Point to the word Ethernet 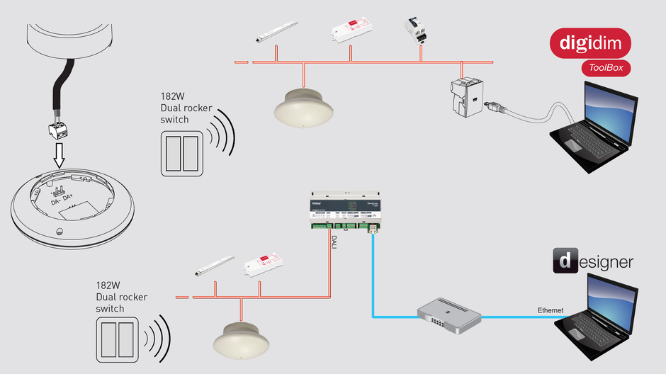tap(551, 310)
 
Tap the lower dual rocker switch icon tap(117, 341)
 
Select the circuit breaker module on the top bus tap(417, 33)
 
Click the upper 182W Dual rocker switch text tap(174, 110)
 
